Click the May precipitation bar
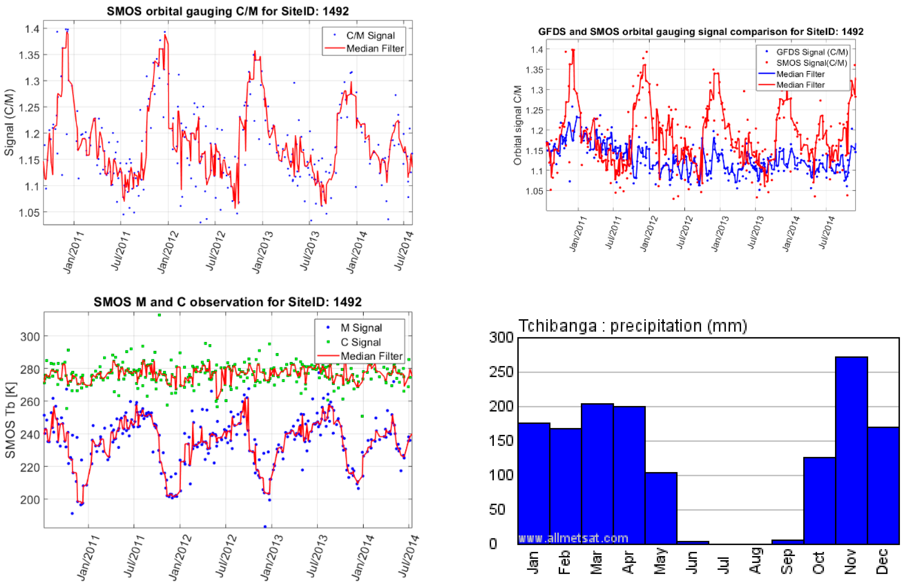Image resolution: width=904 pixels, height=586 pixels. click(661, 508)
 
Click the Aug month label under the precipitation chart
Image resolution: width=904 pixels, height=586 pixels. click(756, 560)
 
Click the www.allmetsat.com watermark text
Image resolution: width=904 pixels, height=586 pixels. click(573, 538)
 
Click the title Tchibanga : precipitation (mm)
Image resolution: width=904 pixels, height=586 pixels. click(632, 326)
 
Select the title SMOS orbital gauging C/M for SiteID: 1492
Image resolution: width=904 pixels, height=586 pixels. click(228, 11)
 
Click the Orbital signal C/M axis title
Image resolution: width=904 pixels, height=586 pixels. click(517, 125)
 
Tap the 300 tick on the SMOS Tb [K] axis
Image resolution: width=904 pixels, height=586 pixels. click(30, 336)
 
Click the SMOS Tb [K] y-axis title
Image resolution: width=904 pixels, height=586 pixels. click(10, 420)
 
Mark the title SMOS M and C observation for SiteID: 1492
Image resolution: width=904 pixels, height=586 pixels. click(228, 302)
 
